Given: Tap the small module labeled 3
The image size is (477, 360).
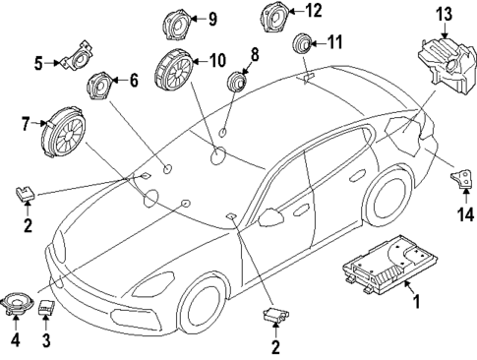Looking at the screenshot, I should tap(45, 308).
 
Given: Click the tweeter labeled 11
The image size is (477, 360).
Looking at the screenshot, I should tap(300, 44).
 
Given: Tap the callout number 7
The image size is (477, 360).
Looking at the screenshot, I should tap(28, 123).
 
